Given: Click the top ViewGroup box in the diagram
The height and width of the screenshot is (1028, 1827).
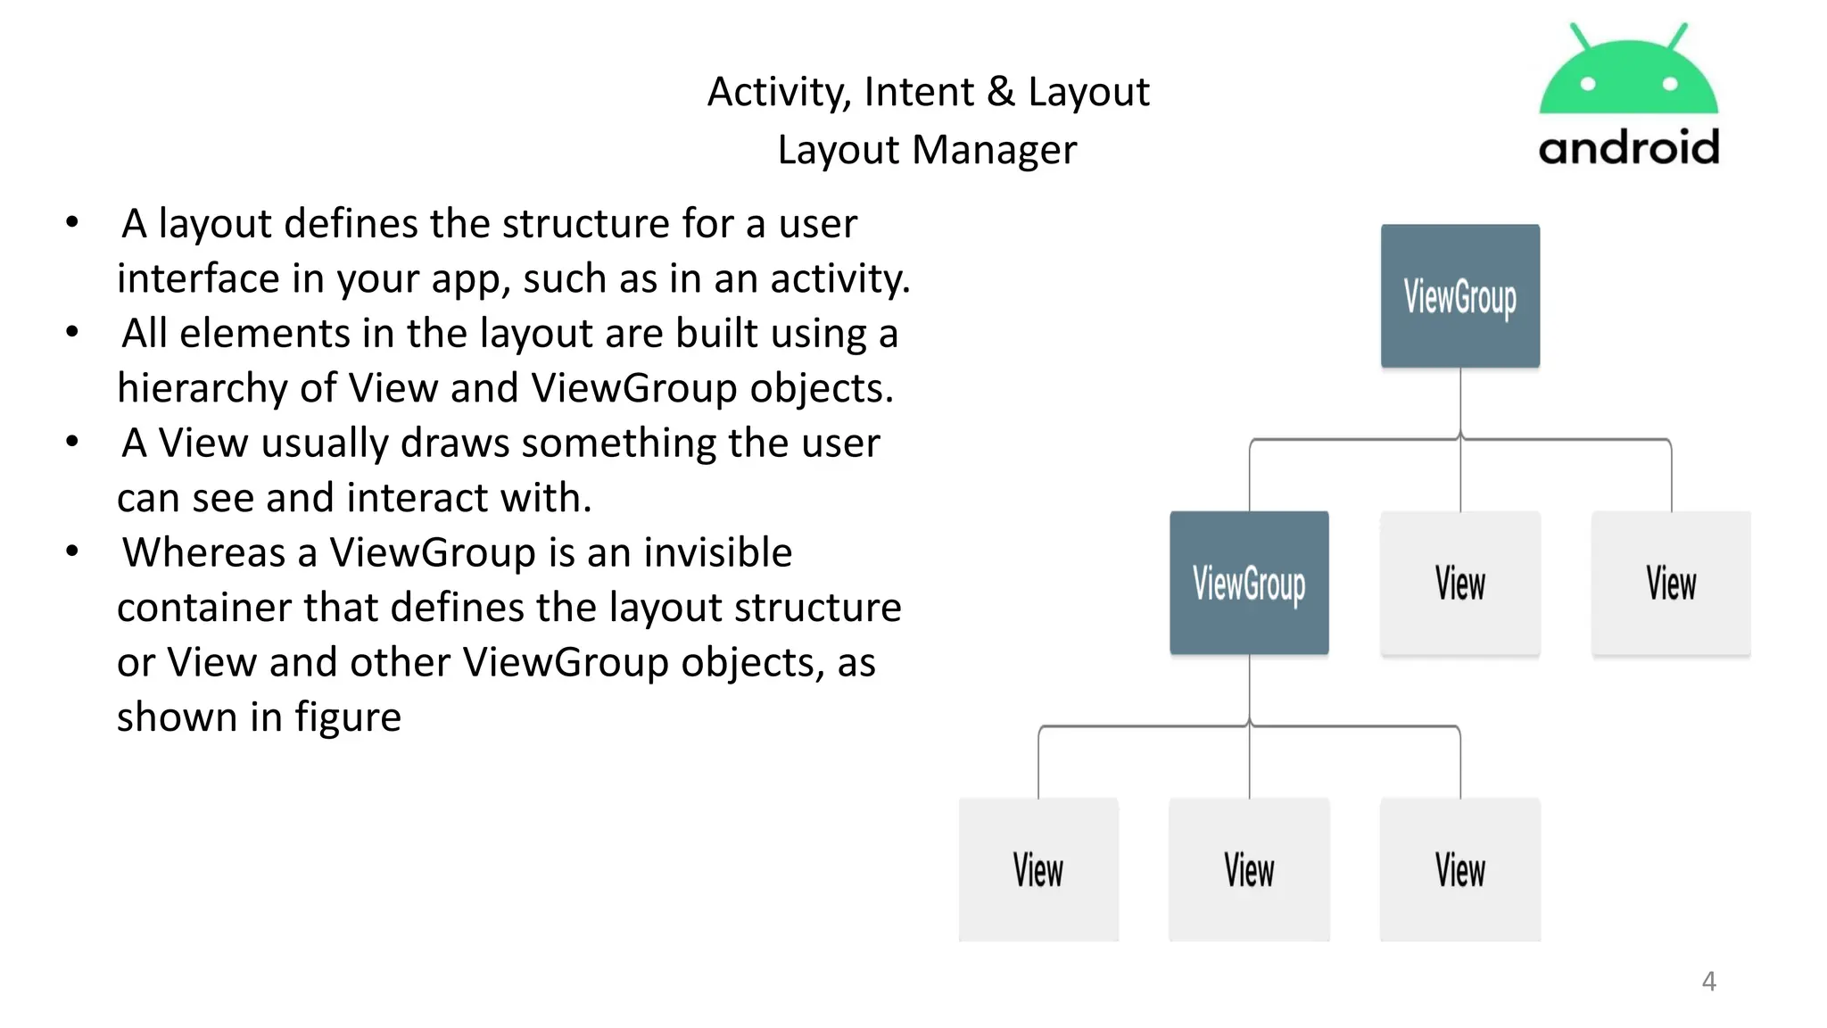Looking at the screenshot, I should coord(1459,295).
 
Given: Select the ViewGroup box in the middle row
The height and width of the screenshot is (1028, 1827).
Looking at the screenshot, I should coord(1249,583).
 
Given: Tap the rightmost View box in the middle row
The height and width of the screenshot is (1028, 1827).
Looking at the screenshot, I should coord(1671,583).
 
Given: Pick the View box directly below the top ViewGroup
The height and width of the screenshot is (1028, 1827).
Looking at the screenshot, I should coord(1459,583).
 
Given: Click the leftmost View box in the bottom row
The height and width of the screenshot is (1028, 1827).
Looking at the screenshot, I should coord(1038,869).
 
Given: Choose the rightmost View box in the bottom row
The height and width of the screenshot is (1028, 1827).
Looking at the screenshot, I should coord(1459,869).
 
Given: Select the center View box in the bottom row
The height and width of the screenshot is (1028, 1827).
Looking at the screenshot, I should coord(1249,869).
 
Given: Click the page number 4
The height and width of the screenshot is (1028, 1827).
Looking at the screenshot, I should coord(1708,981).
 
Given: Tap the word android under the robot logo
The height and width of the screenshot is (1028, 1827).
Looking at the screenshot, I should coord(1629,147).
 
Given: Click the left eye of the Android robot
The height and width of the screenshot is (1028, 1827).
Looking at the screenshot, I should coord(1588,84).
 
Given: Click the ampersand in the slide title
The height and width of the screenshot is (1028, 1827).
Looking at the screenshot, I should coord(1001,92).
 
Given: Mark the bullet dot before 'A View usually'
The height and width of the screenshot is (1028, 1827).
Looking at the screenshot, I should coord(72,442).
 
